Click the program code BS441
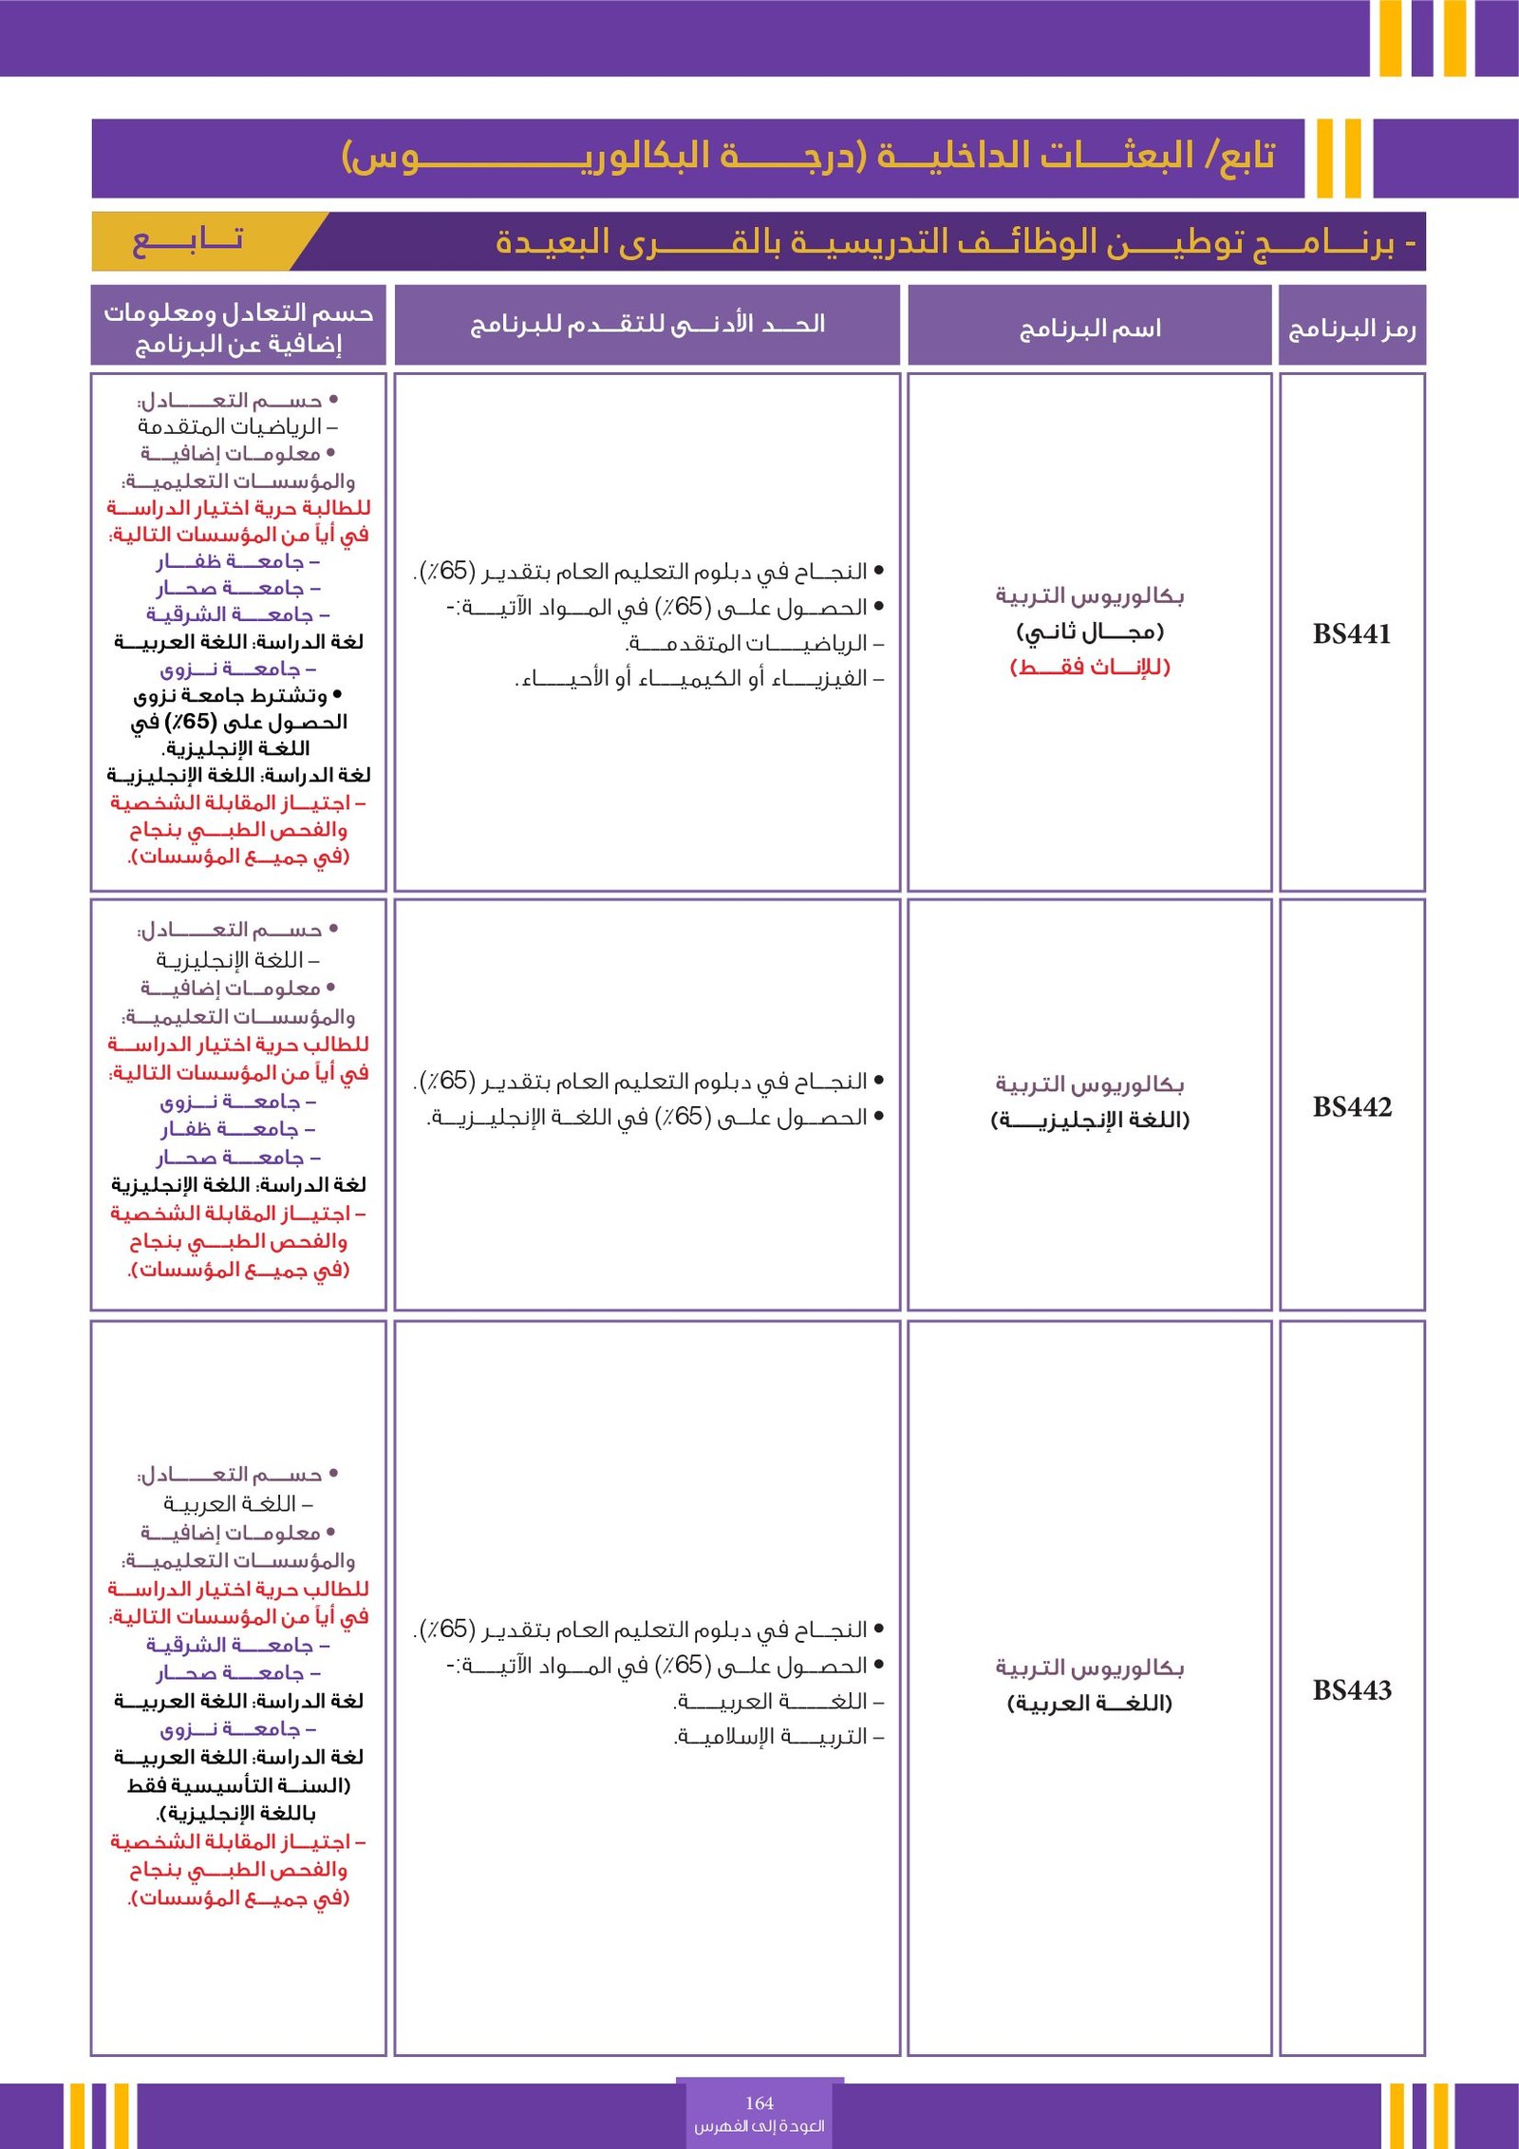(x=1351, y=633)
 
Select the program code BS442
(x=1351, y=1106)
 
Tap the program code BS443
(x=1351, y=1689)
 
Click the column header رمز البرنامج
(x=1351, y=329)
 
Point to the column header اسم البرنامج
(x=1089, y=329)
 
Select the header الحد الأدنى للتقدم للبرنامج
(x=647, y=325)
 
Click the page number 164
(x=759, y=2102)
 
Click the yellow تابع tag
(x=188, y=240)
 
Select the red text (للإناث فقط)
(x=1089, y=667)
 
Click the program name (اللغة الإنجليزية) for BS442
(x=1089, y=1120)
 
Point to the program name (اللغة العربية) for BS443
(x=1089, y=1703)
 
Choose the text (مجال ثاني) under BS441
(x=1089, y=632)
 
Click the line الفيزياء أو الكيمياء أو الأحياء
(x=701, y=679)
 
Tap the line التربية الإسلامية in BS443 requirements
(x=778, y=1736)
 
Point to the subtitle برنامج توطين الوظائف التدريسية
(x=949, y=242)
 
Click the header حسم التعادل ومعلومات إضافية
(x=238, y=327)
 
